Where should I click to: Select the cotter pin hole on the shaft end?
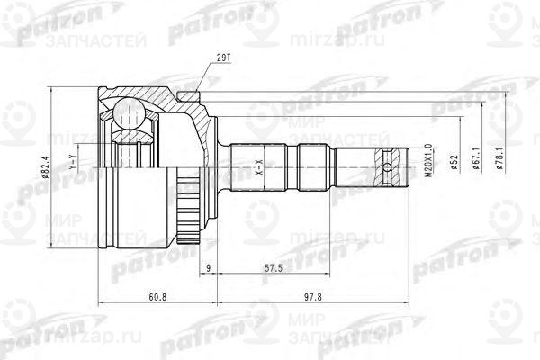388,166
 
